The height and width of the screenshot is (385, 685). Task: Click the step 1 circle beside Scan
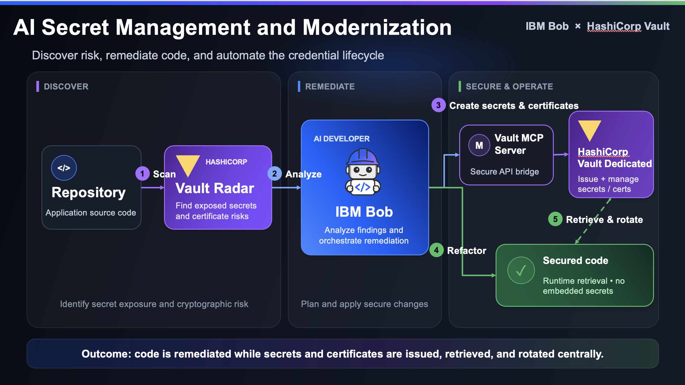click(x=142, y=174)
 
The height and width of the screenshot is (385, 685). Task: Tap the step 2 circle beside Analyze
click(x=275, y=174)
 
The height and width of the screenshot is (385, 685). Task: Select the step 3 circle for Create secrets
click(x=439, y=105)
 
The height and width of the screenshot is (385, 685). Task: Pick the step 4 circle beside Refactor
click(x=436, y=250)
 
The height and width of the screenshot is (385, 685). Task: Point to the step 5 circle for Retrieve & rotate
click(x=555, y=219)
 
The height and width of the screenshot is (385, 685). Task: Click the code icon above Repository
click(x=64, y=168)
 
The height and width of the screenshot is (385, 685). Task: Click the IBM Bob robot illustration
click(x=363, y=172)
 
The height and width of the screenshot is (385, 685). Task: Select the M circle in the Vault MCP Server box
click(x=479, y=145)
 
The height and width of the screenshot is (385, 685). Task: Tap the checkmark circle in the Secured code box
click(x=521, y=270)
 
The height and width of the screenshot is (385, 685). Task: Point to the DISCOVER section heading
click(x=66, y=87)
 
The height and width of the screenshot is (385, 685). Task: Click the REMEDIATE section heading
click(x=330, y=87)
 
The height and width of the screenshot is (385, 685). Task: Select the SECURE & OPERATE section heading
click(x=509, y=87)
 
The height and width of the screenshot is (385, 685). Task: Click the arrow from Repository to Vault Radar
click(x=153, y=187)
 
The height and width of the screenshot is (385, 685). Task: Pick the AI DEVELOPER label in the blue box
click(x=342, y=139)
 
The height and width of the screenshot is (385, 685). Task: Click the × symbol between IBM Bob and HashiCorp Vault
click(x=578, y=26)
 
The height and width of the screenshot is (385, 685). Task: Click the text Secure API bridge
click(x=504, y=172)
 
